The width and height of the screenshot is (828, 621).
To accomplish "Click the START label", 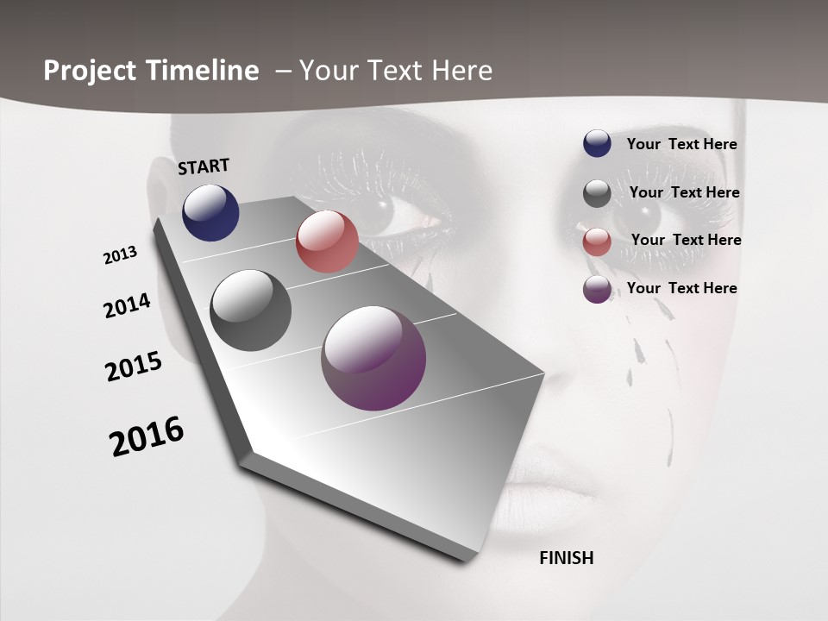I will [204, 166].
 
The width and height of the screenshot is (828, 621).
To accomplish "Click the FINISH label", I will [567, 558].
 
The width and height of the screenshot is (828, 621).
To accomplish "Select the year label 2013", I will [121, 255].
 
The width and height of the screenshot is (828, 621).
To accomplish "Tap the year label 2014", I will [128, 305].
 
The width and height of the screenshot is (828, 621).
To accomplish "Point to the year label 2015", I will [134, 367].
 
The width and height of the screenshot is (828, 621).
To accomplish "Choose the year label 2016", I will [147, 436].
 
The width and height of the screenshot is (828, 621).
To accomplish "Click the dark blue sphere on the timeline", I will [210, 212].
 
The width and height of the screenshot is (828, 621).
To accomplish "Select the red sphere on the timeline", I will [327, 241].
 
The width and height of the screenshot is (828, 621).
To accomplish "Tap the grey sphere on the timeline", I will [250, 310].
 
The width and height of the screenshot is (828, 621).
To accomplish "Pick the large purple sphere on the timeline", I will [373, 358].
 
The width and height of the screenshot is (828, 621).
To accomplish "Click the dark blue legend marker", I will [597, 143].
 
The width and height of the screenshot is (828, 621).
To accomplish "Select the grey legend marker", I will [597, 194].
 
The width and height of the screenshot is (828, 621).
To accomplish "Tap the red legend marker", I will [597, 242].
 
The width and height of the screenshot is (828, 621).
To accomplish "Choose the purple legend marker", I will [597, 290].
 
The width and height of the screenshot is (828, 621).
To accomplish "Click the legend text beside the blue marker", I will [681, 144].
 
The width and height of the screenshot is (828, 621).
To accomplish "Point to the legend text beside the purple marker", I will [681, 288].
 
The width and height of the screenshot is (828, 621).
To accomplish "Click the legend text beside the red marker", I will [686, 240].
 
